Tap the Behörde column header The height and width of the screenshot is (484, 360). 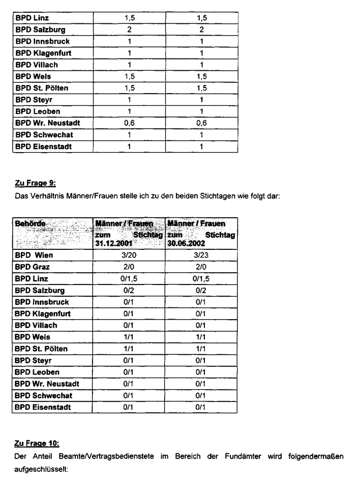[x=31, y=223]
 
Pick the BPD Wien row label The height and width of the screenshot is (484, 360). [x=35, y=254]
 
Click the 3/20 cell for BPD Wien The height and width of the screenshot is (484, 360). [x=129, y=254]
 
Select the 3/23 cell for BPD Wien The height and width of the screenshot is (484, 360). [x=201, y=254]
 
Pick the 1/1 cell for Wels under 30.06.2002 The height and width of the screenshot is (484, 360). [x=201, y=336]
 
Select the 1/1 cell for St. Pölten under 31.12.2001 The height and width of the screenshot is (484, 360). [x=129, y=348]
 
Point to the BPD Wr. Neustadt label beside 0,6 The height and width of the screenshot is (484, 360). [x=47, y=123]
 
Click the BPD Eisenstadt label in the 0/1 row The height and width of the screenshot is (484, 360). [x=43, y=407]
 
